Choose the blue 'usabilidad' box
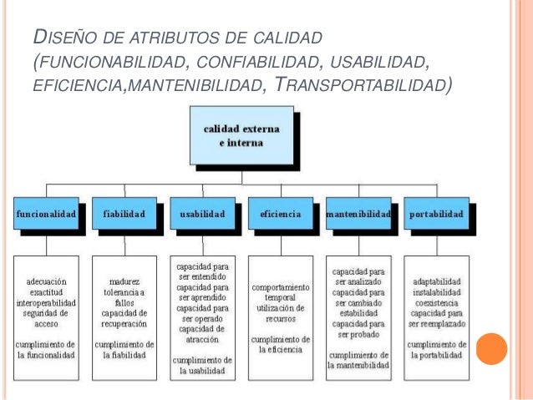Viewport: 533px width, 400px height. [201, 215]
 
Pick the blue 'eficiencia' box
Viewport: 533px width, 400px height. [280, 215]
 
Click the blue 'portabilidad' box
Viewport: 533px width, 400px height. [436, 215]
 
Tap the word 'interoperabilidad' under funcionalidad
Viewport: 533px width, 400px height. [47, 301]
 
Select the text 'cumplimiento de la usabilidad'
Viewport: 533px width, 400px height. [203, 365]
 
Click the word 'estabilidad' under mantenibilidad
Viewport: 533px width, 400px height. [359, 313]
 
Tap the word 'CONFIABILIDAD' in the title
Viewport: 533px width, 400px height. [259, 61]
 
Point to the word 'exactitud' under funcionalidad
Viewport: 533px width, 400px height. [47, 291]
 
